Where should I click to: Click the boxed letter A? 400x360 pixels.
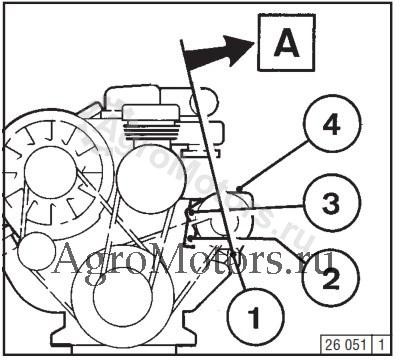286,43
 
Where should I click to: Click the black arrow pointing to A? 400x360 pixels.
218,52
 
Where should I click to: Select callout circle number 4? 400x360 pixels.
332,124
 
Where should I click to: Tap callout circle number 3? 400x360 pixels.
332,202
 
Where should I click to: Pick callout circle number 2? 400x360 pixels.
331,278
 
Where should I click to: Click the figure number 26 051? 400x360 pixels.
345,344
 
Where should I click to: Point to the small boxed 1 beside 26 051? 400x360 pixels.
381,345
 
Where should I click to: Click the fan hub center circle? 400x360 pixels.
50,172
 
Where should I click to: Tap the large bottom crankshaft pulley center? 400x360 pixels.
122,297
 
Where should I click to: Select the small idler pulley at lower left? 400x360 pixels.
36,251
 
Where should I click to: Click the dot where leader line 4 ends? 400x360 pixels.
239,189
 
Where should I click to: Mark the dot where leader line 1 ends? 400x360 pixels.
234,254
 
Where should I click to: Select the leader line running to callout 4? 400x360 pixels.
273,166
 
